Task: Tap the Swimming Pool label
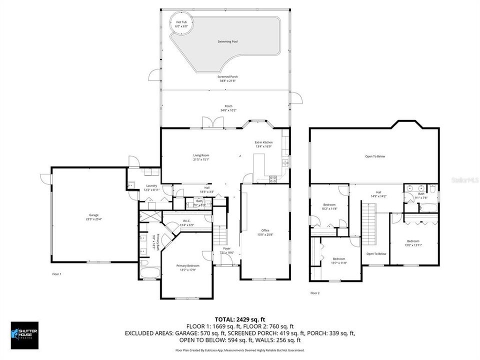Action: (x=227, y=41)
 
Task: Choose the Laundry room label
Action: (x=151, y=187)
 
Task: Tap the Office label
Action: (x=265, y=232)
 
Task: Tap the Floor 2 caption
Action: (x=315, y=293)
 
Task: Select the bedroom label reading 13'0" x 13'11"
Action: (x=413, y=243)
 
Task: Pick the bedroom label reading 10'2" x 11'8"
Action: (x=329, y=206)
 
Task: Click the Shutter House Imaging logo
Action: (x=24, y=334)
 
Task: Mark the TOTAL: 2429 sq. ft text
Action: (x=239, y=318)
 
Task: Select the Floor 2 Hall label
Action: (x=375, y=194)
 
